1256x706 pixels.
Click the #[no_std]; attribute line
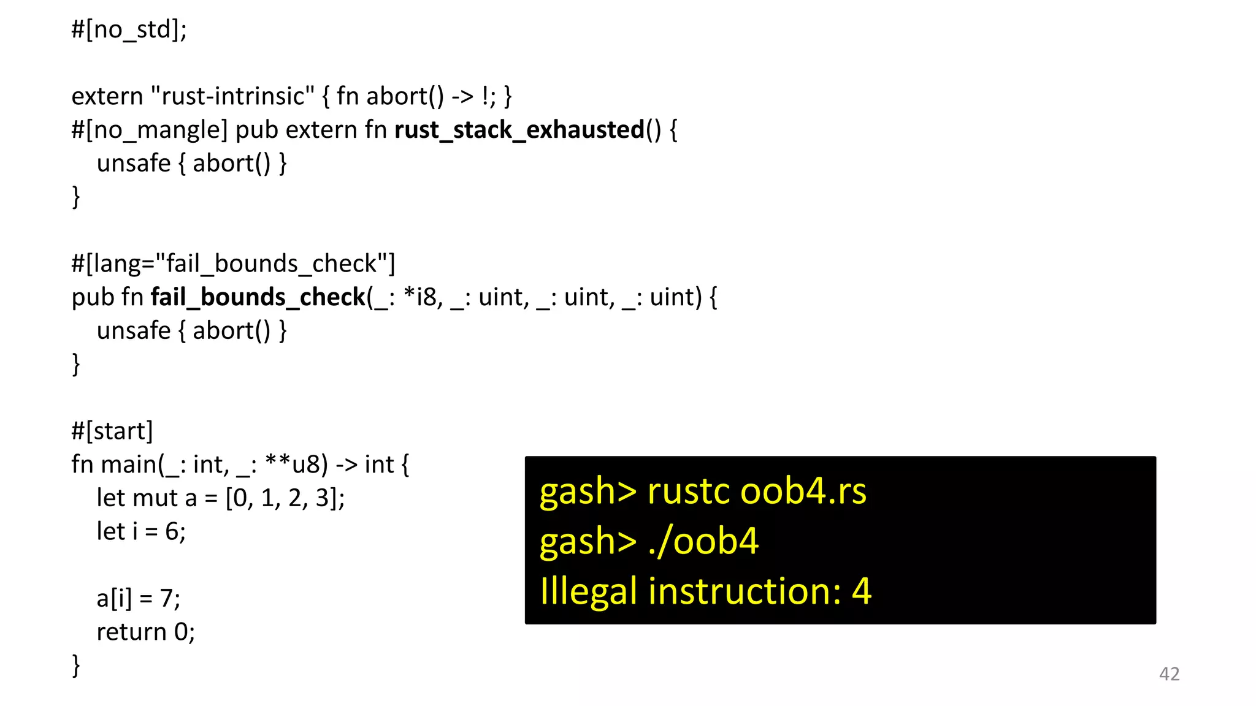[x=129, y=29]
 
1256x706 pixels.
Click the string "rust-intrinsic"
[x=232, y=96]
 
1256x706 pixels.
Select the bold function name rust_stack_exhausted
[x=519, y=130]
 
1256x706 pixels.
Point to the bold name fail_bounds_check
[x=258, y=297]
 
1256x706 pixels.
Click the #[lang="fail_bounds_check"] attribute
[x=233, y=264]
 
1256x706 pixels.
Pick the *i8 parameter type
[x=420, y=297]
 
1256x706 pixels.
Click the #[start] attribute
[x=112, y=431]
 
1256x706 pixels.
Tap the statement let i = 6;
[x=141, y=531]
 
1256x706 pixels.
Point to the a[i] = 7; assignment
[x=139, y=598]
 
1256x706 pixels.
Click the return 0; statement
[x=145, y=632]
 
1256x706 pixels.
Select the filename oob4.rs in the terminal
[x=803, y=492]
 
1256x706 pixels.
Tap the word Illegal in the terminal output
[x=588, y=591]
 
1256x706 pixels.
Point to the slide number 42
[x=1169, y=674]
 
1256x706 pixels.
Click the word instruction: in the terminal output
[x=745, y=591]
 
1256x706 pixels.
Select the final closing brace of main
[x=76, y=665]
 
